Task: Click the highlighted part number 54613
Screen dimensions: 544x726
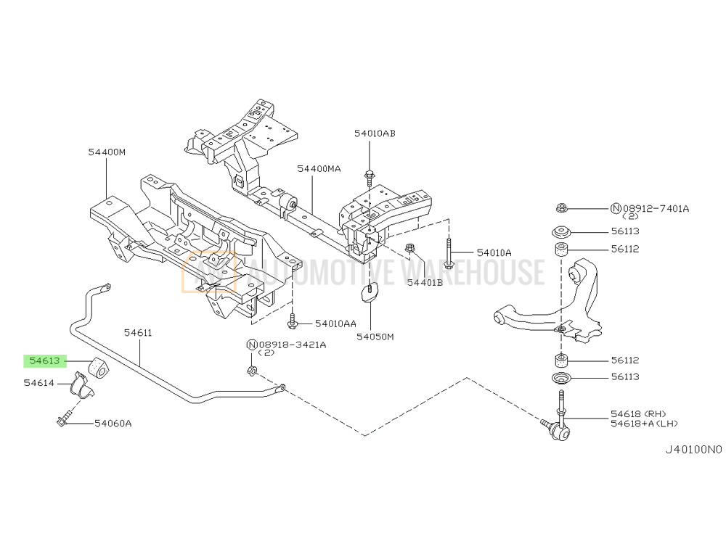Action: coord(45,360)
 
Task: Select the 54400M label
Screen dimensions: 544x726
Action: coord(107,152)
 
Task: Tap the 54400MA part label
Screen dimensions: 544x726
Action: coord(318,168)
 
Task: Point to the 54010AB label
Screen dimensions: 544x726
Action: coord(375,133)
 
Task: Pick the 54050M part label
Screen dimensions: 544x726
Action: coord(375,337)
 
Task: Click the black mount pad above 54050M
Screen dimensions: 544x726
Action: coord(371,294)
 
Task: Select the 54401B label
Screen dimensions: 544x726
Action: coord(425,283)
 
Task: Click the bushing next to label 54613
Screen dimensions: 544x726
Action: coord(97,368)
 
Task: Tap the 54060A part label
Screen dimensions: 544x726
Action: coord(113,423)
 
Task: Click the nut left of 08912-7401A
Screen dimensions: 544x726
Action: coord(560,209)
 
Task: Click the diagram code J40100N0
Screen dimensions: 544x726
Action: coord(694,449)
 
